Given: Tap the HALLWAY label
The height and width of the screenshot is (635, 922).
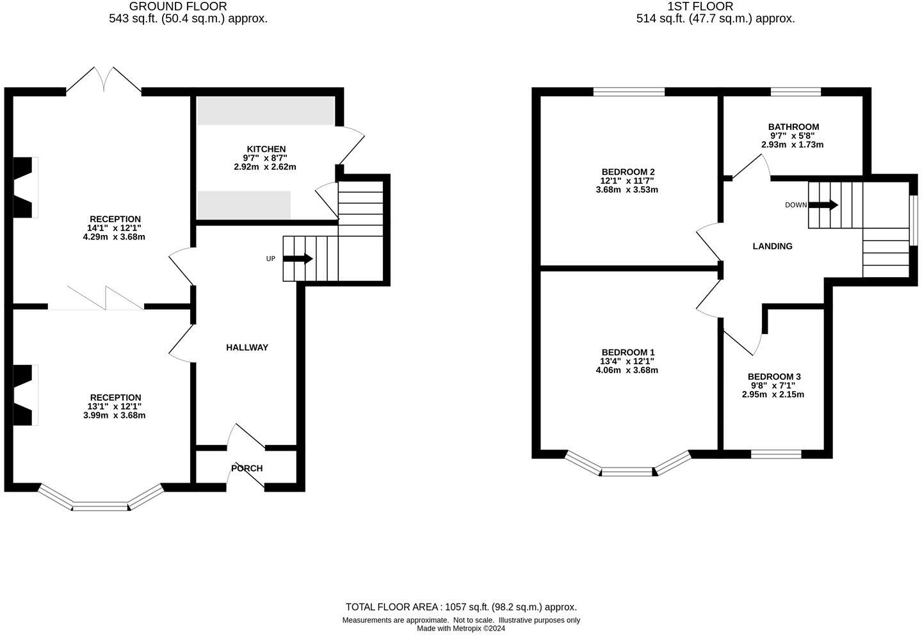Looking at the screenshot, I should coord(247,348).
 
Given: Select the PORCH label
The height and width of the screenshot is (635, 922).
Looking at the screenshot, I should coord(247,469).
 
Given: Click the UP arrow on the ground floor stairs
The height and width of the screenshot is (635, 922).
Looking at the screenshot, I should coord(298,259).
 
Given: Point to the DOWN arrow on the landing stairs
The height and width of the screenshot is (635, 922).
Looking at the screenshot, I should coord(823,205).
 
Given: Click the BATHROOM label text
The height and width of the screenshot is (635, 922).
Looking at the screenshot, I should coord(793,127).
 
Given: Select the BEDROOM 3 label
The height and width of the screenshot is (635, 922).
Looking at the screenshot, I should coord(773,377).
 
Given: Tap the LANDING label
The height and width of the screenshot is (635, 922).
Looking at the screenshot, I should coord(772,246).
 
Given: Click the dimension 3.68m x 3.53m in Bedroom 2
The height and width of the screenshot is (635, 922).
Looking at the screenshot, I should coord(627,189).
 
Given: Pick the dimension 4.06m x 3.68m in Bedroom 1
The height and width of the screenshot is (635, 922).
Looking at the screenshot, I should coord(627,370).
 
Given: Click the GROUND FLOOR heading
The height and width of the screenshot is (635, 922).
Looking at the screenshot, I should coord(178,6).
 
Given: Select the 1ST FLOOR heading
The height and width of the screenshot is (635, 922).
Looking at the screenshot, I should coord(700,6).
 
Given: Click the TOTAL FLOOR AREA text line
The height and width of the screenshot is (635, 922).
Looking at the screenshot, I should coord(461,607).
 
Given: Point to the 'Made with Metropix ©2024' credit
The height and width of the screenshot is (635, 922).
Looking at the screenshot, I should coord(461,629).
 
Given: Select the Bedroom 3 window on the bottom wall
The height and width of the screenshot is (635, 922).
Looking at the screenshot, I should coord(775,454).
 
